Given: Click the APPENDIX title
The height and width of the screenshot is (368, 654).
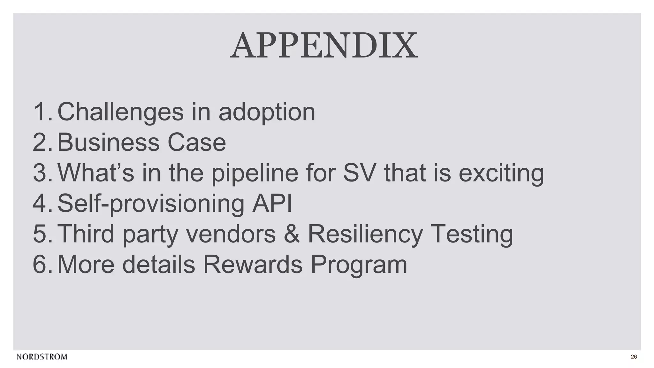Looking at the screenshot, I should tap(324, 46).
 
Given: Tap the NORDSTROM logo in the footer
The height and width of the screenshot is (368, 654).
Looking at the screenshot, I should tap(42, 357).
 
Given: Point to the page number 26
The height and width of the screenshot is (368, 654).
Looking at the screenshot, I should tap(634, 357).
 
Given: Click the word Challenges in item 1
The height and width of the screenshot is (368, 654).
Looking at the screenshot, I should tap(120, 112).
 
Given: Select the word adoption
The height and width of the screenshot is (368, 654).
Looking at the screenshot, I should tap(267, 112).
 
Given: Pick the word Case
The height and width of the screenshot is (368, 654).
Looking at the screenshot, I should tap(197, 142).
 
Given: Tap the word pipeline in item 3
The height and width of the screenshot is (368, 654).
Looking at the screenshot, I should tap(255, 173).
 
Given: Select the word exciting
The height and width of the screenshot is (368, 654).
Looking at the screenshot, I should tap(501, 173).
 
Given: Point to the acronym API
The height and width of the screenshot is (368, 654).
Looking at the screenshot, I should tap(272, 203).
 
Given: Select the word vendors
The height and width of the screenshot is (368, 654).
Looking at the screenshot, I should tap(231, 234).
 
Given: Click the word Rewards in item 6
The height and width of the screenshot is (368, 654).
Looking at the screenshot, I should tap(253, 264).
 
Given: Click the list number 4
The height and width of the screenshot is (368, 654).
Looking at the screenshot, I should tap(40, 203).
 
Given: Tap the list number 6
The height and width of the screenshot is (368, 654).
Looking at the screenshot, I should tap(40, 264).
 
